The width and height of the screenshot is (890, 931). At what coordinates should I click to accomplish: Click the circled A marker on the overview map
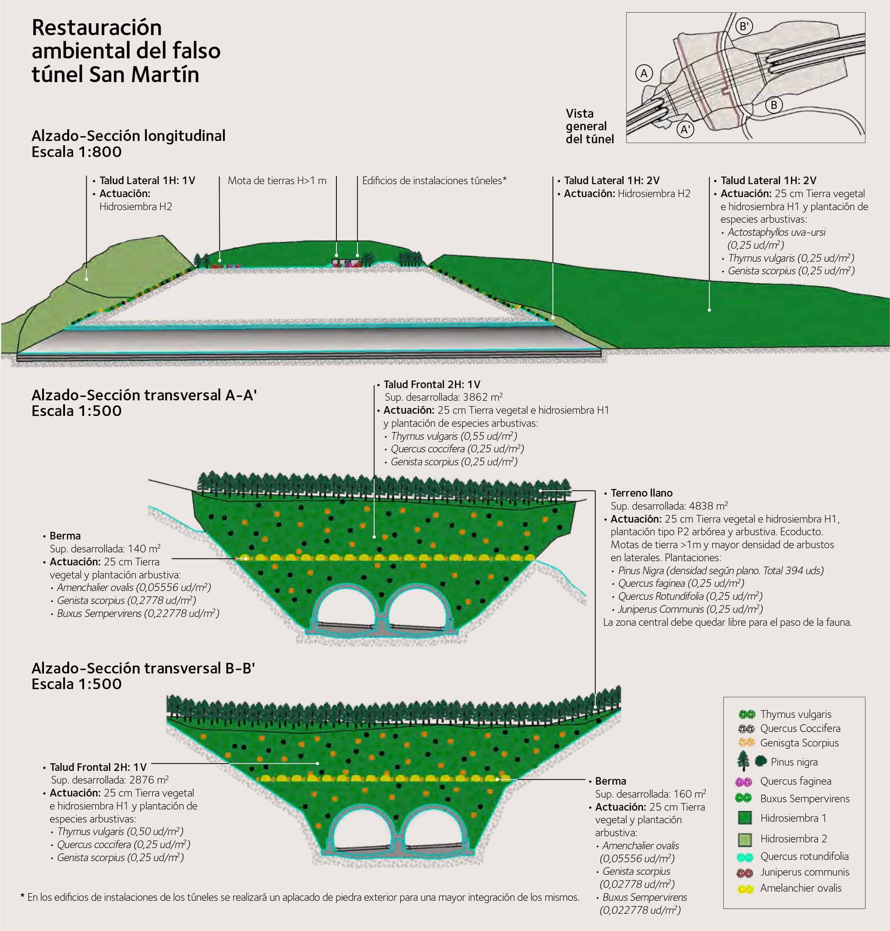coord(644,73)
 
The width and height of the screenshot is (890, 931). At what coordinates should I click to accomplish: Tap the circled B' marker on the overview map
coord(744,26)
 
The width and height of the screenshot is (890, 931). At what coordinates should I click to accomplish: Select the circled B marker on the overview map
coord(774,104)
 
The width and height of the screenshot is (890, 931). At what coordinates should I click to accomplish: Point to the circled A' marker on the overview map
coord(685,130)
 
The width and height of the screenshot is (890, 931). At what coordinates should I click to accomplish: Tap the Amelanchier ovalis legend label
coord(800,888)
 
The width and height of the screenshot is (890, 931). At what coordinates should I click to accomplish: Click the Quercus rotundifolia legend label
coord(804,856)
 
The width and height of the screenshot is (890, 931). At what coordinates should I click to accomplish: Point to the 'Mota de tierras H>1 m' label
coord(277,181)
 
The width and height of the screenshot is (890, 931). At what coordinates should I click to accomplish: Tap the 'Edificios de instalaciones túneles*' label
coord(434,181)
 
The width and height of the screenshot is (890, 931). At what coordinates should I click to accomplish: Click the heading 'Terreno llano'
coord(641,493)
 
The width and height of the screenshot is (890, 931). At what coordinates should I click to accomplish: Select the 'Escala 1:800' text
coord(76,152)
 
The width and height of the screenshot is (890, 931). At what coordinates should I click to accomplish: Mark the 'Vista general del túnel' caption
coord(589,126)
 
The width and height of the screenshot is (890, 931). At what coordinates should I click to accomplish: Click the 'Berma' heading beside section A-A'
coord(65,536)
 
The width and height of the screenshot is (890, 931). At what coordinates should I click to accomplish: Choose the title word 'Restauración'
coord(96,27)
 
